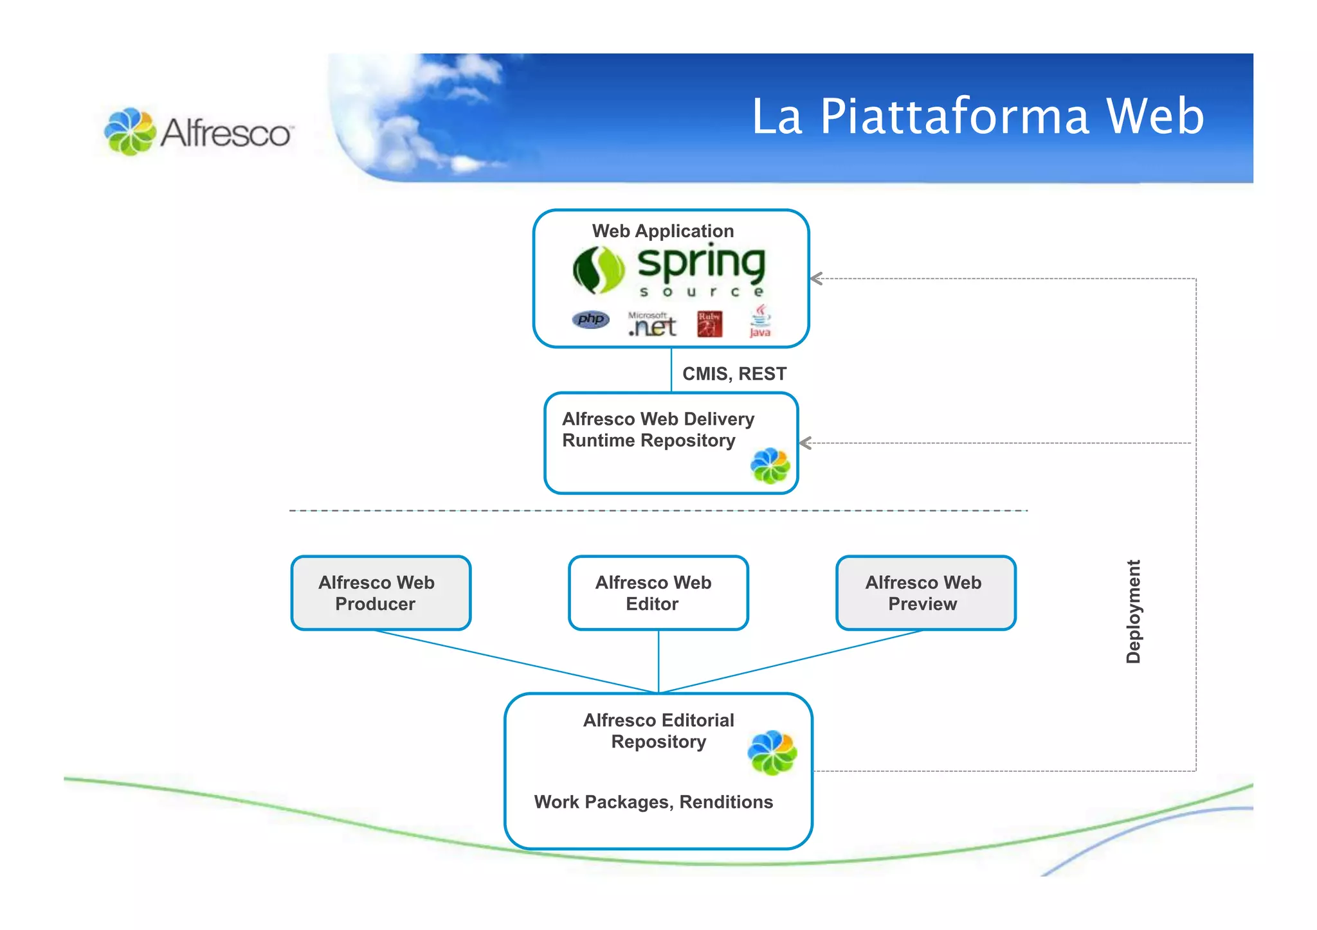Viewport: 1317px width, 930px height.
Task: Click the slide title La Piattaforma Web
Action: pos(977,116)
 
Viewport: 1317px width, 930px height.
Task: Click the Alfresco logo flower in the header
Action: pos(130,132)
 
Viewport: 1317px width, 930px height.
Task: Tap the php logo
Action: pos(590,319)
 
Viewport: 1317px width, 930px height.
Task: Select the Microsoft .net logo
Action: pos(652,325)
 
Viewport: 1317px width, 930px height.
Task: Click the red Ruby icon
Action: pos(709,324)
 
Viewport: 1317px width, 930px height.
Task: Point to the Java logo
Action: pos(760,321)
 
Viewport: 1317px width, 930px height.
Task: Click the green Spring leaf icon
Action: pos(598,270)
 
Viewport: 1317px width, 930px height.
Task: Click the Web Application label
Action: pos(662,231)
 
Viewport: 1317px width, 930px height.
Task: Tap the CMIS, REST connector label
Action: pos(734,373)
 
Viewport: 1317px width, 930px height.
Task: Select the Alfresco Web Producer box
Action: pos(381,593)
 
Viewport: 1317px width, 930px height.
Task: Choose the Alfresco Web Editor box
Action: pos(658,593)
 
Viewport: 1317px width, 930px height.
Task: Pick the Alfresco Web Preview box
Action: pos(925,593)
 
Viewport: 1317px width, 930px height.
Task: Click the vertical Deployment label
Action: pos(1133,611)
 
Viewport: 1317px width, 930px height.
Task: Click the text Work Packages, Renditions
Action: pos(653,802)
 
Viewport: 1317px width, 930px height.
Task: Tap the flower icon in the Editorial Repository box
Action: pos(772,753)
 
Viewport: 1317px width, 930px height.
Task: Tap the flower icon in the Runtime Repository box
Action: pos(770,465)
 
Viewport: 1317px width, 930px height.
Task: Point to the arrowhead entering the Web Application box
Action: pos(817,278)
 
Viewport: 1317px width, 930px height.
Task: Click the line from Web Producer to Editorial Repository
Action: pos(514,661)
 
